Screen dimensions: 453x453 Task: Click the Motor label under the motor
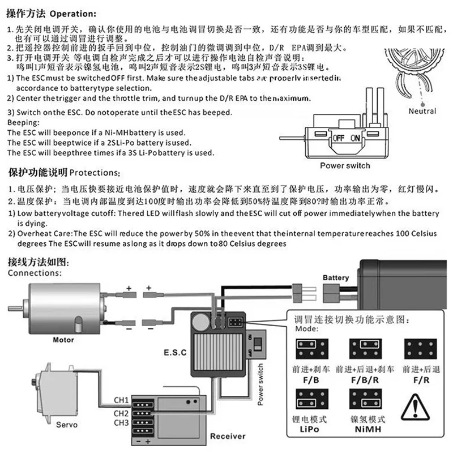click(x=63, y=340)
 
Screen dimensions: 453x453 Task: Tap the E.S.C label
click(x=175, y=352)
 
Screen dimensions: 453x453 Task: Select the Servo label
click(x=67, y=425)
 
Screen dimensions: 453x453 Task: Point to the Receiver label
click(x=228, y=436)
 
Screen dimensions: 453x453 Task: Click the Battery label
click(x=336, y=277)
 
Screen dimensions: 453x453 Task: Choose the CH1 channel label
click(x=121, y=400)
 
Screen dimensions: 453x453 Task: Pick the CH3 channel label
click(x=121, y=422)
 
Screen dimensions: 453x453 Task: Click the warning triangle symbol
click(x=415, y=408)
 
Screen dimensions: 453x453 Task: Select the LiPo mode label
click(x=309, y=429)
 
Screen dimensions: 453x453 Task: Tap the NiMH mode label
click(x=367, y=429)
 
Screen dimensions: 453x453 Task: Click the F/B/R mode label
click(x=365, y=380)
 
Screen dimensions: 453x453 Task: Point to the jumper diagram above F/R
click(x=421, y=349)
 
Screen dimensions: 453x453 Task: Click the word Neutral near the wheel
click(x=422, y=111)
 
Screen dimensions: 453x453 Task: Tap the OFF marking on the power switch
click(x=338, y=138)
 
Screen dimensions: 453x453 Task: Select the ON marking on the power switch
click(x=355, y=138)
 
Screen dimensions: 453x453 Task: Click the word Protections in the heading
click(x=95, y=173)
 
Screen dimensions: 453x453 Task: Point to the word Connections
click(x=35, y=273)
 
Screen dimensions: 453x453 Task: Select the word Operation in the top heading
click(x=73, y=14)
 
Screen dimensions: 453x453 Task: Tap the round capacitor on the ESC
click(x=201, y=322)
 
